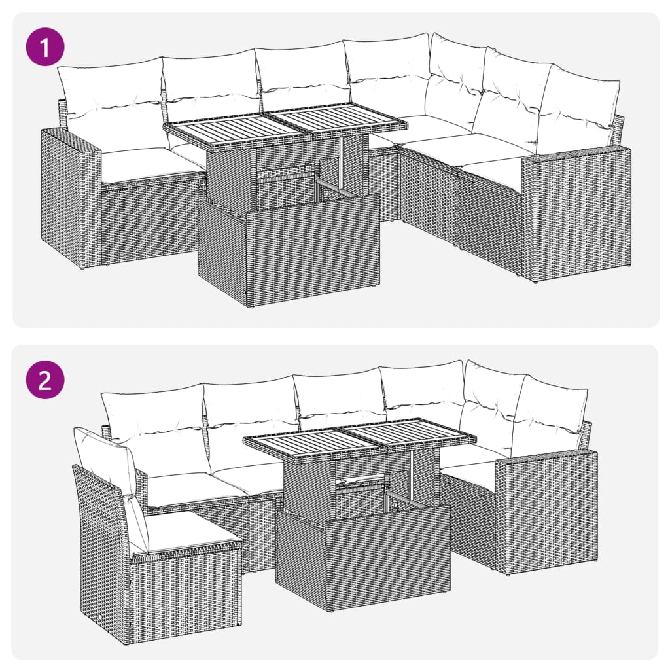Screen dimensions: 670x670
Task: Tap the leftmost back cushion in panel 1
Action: pos(111,101)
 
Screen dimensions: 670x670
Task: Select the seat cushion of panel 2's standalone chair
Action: pos(190,530)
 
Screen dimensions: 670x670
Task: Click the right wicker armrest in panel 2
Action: pos(546,510)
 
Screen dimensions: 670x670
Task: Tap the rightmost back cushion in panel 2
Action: pos(550,415)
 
